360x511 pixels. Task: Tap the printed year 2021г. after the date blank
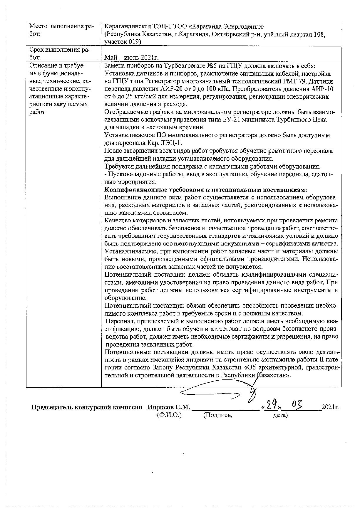click(x=330, y=407)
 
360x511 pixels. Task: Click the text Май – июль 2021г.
click(x=132, y=58)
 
